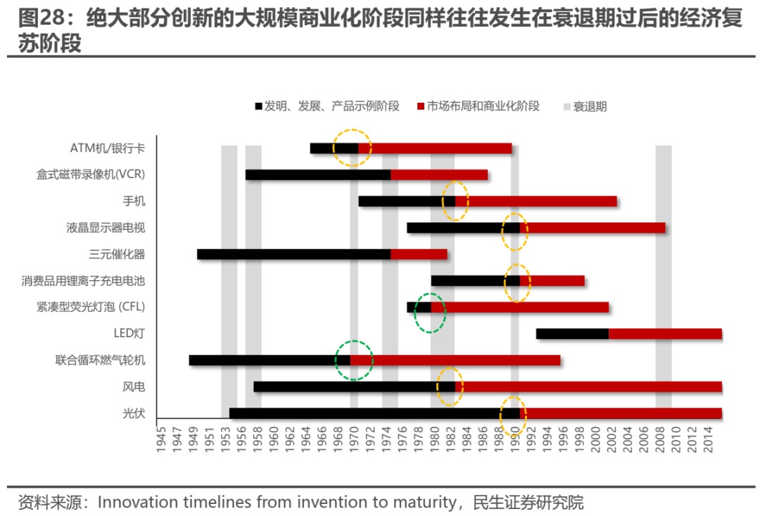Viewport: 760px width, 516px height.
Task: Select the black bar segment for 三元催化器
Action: (293, 254)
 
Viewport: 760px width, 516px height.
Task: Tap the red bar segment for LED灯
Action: (665, 334)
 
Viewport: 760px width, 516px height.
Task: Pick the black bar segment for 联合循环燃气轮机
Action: (270, 360)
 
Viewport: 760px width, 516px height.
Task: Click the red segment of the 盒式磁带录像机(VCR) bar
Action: (439, 175)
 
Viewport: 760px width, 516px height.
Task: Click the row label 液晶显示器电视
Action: (106, 227)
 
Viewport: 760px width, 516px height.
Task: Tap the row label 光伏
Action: (134, 413)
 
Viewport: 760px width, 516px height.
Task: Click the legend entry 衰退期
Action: (590, 106)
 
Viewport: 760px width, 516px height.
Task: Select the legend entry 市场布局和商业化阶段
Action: (483, 106)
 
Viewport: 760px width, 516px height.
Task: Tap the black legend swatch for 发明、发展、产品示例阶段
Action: (258, 106)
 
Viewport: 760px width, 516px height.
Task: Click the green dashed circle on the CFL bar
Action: (430, 313)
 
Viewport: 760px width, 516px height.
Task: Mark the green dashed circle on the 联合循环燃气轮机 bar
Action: (353, 360)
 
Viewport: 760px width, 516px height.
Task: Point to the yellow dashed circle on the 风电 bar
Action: (450, 386)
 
